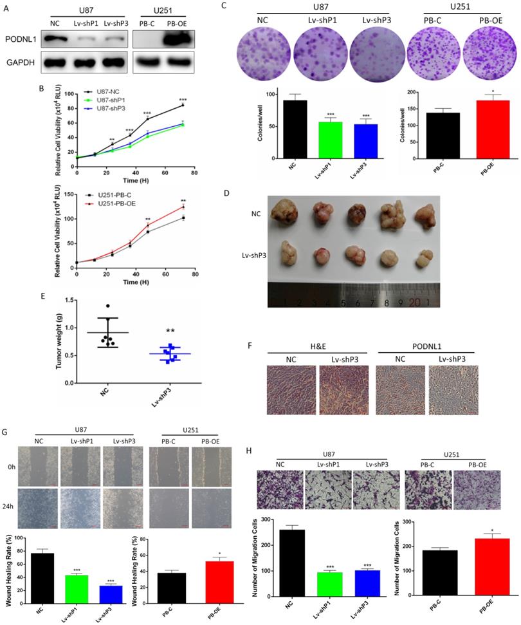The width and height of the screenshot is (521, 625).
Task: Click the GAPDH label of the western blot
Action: tap(18, 64)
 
